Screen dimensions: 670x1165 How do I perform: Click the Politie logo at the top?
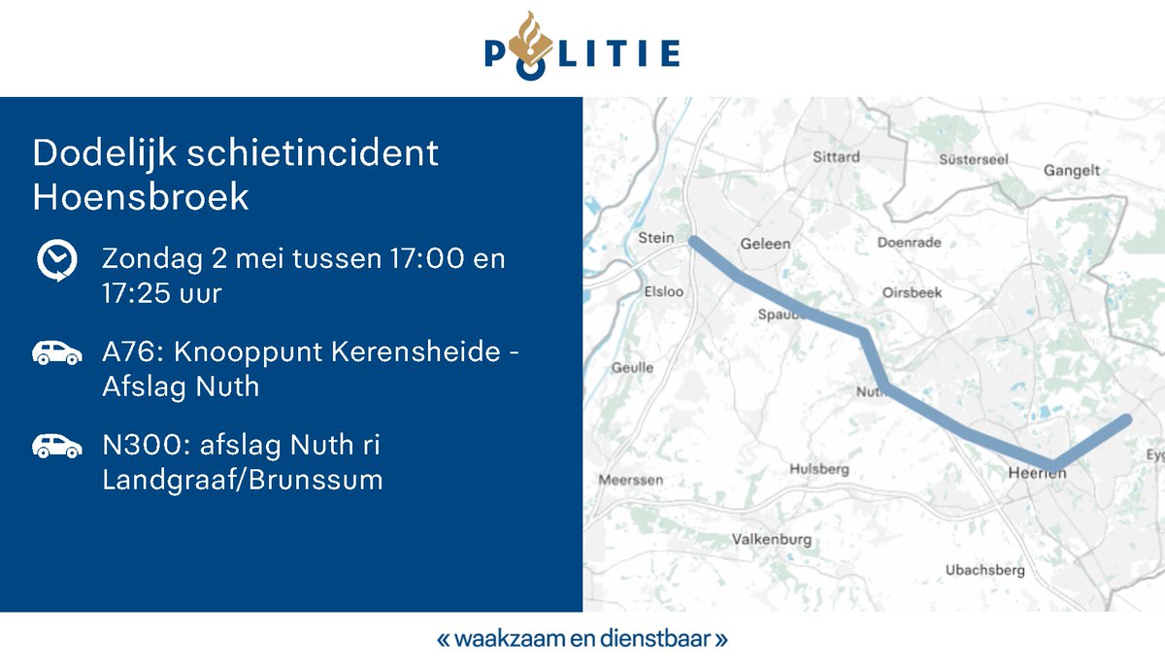582,47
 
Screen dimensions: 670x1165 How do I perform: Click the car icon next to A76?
57,352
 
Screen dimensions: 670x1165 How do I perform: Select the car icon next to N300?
57,446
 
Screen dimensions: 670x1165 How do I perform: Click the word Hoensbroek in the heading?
141,197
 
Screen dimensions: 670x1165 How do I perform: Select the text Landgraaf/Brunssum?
243,480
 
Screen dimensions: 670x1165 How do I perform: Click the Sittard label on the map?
836,156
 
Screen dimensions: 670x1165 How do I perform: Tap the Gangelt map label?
1072,171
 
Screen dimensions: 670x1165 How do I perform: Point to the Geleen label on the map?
765,244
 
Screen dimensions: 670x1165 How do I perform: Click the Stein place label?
655,238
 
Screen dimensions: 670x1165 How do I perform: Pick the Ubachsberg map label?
985,570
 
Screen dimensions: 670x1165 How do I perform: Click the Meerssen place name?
631,480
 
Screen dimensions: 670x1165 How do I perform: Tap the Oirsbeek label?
913,291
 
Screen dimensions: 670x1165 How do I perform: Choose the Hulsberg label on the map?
819,469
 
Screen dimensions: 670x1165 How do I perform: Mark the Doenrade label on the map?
909,243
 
